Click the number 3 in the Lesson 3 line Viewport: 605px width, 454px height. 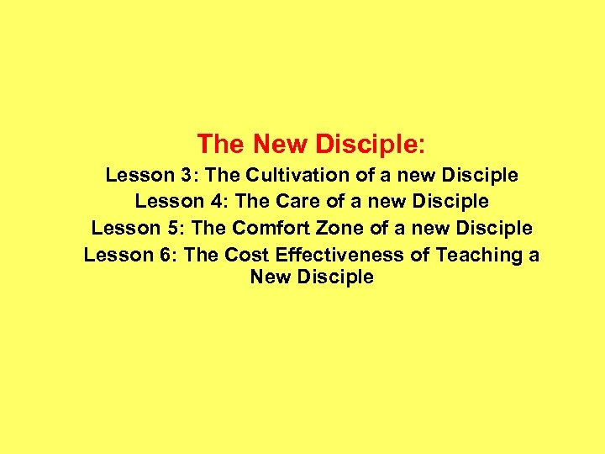(x=186, y=176)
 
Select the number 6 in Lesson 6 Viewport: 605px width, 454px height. (x=164, y=254)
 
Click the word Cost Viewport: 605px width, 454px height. (x=246, y=254)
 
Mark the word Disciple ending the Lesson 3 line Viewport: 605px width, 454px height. (x=479, y=176)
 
